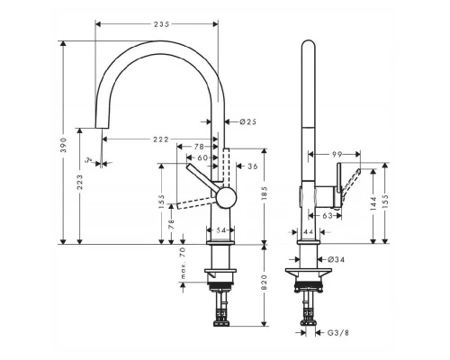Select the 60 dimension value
pos(204,157)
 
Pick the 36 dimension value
pos(253,166)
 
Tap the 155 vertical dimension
pos(160,203)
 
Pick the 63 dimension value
pos(328,216)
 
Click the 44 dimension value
pos(308,232)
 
